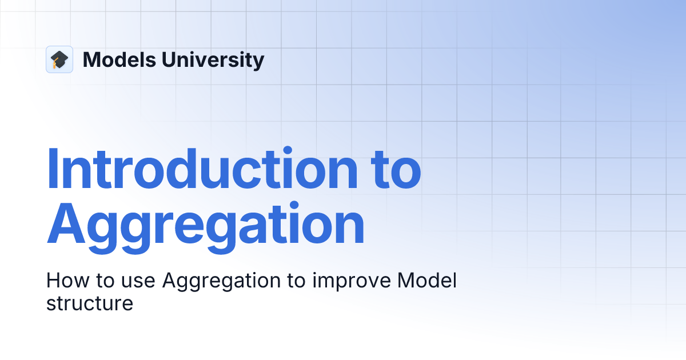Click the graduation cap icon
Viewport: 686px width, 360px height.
point(59,59)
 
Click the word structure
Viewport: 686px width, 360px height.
point(90,303)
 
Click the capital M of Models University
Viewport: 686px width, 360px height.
point(92,59)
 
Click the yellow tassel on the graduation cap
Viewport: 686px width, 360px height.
point(55,65)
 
